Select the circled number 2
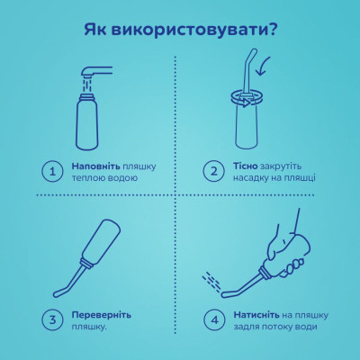pos(213,171)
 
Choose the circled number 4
pos(213,319)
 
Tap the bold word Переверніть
pos(101,314)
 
